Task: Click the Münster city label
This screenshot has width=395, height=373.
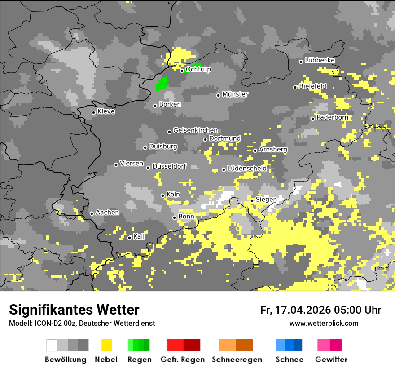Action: pyautogui.click(x=235, y=94)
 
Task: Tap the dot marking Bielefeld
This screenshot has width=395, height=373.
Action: pyautogui.click(x=295, y=87)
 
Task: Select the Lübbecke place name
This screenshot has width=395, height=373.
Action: pyautogui.click(x=320, y=60)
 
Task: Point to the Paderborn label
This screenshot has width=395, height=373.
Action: pyautogui.click(x=332, y=118)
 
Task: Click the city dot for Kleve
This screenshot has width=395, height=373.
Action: pyautogui.click(x=93, y=112)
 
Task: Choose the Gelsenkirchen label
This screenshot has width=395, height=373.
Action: pyautogui.click(x=195, y=130)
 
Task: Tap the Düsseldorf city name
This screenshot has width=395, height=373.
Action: pyautogui.click(x=169, y=166)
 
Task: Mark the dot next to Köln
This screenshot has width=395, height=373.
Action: pyautogui.click(x=162, y=195)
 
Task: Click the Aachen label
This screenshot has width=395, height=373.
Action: pyautogui.click(x=107, y=212)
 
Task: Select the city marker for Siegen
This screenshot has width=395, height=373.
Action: pyautogui.click(x=252, y=200)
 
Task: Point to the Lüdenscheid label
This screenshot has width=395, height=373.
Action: pyautogui.click(x=247, y=169)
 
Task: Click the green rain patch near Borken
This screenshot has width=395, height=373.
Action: pyautogui.click(x=162, y=84)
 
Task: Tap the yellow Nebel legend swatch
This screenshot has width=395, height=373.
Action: pyautogui.click(x=106, y=345)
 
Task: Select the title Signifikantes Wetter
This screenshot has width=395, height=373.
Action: pyautogui.click(x=74, y=310)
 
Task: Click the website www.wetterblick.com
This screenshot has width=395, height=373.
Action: pyautogui.click(x=324, y=324)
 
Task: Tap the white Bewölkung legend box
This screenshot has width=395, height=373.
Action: pyautogui.click(x=52, y=345)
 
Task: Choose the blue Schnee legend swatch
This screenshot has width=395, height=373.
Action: pyautogui.click(x=289, y=345)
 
